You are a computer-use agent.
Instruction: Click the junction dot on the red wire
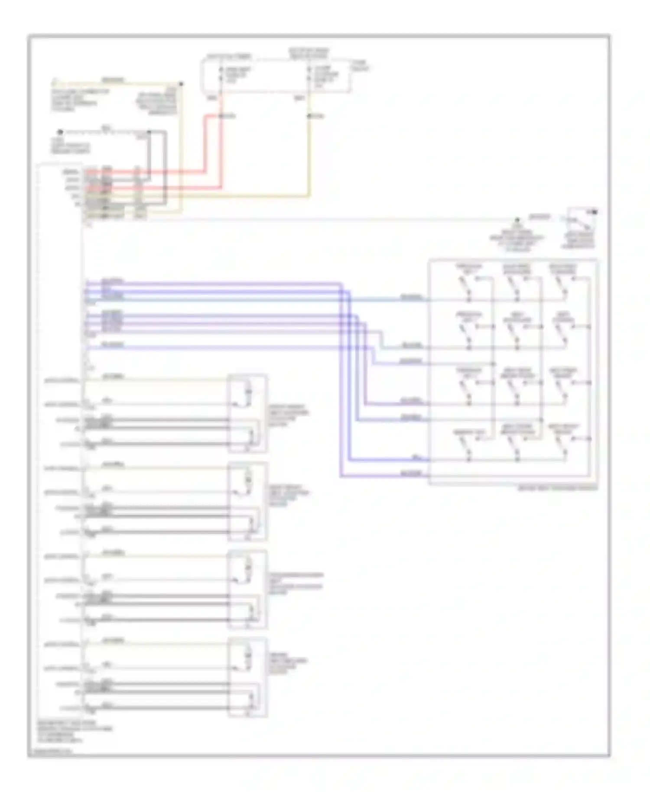tap(221, 116)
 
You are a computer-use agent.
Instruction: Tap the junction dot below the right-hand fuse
tap(309, 116)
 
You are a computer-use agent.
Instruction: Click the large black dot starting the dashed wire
tap(61, 132)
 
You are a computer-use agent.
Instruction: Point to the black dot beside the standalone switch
tap(595, 212)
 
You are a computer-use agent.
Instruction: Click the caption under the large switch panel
tap(557, 488)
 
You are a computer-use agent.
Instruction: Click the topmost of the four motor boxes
tap(247, 414)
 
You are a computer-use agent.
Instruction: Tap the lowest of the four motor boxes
tap(247, 677)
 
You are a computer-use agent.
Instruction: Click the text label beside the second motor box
tap(288, 495)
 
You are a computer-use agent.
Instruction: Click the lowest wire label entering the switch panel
tap(411, 474)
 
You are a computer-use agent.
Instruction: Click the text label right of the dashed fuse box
tap(360, 66)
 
